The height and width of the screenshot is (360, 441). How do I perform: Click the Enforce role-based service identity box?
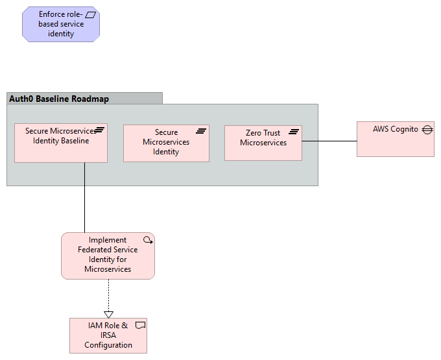61,25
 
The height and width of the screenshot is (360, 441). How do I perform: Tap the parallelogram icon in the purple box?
91,14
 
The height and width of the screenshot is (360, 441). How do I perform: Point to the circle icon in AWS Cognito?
427,130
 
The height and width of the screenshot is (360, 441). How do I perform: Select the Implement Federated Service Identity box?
108,256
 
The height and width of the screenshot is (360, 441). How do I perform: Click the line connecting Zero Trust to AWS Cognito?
329,141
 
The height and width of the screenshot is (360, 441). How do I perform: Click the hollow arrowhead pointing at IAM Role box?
108,314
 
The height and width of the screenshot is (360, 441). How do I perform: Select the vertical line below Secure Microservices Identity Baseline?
84,198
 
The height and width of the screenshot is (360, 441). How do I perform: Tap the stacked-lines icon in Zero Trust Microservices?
294,132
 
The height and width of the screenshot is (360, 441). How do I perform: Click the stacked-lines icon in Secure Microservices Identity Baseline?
99,130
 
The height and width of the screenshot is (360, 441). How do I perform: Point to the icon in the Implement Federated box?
147,239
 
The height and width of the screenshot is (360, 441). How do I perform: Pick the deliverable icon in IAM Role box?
139,324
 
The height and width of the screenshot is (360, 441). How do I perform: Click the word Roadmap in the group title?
90,99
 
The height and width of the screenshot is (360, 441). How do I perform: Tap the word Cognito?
405,129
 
